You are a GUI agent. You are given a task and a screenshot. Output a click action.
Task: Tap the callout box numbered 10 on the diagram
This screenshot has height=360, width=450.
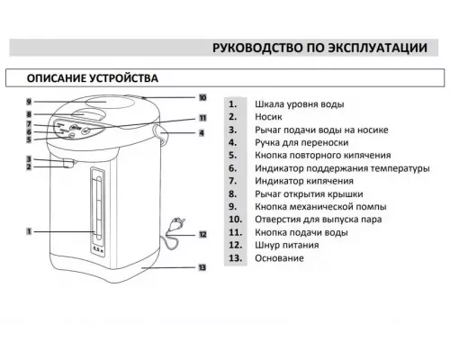(x=202, y=97)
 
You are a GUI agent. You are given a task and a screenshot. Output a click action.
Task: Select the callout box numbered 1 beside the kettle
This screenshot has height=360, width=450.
(x=29, y=231)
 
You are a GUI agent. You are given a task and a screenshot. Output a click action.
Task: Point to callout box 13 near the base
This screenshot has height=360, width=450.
(x=202, y=267)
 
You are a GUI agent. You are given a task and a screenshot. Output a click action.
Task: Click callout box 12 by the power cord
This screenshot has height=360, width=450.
(x=202, y=234)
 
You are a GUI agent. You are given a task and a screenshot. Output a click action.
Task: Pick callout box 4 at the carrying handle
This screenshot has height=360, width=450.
(x=202, y=133)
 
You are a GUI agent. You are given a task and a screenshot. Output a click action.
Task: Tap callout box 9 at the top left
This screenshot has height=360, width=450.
(x=29, y=102)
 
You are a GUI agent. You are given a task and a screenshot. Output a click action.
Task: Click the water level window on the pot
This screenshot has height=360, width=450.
(x=96, y=208)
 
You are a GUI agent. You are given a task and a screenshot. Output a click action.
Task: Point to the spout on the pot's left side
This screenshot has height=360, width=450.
(x=67, y=163)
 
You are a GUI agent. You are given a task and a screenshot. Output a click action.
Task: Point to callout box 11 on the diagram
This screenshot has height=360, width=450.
(x=202, y=119)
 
